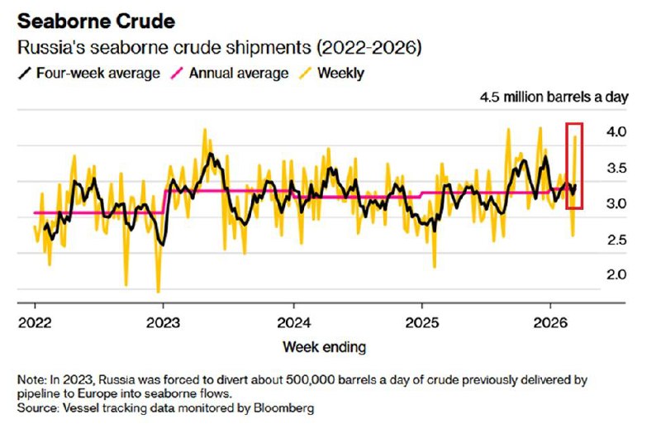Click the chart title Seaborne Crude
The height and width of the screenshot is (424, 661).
tap(87, 18)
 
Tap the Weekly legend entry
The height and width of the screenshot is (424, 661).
tap(340, 73)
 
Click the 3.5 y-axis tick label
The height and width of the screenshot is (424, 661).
tap(616, 169)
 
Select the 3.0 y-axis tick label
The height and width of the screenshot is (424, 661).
tap(616, 204)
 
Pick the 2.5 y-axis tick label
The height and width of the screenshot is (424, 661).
tap(616, 240)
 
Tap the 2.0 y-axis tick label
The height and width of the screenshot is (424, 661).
tap(616, 275)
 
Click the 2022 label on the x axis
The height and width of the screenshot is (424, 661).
tap(35, 322)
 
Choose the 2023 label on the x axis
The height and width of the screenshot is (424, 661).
tap(163, 322)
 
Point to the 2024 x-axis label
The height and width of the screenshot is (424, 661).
tap(292, 322)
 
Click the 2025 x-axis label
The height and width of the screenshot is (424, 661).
tap(422, 322)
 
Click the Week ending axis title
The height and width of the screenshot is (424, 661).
tap(324, 345)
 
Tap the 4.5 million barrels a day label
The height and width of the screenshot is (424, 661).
tap(554, 98)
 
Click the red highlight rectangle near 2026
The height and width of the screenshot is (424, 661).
tap(574, 165)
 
